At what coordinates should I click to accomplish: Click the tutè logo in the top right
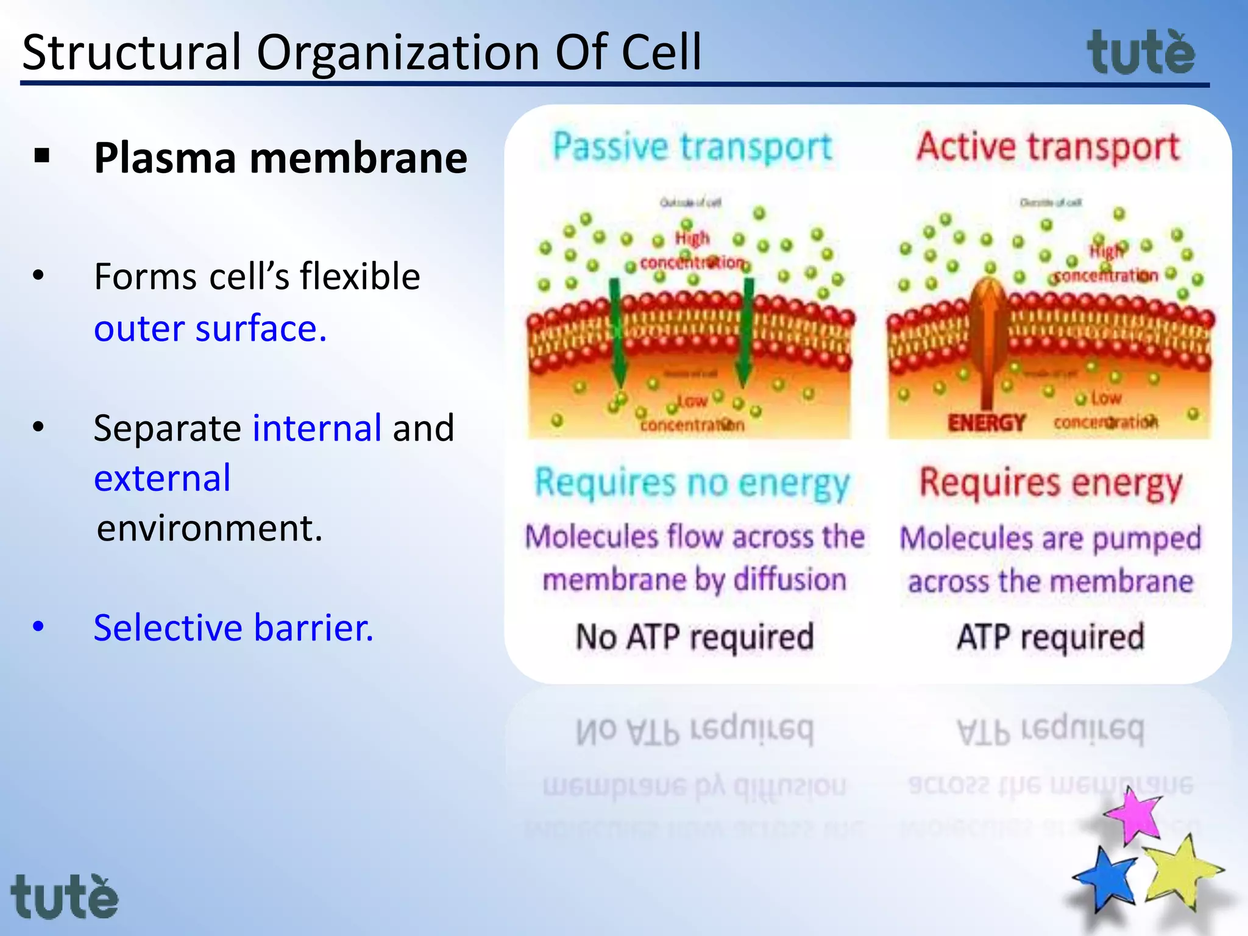click(x=1141, y=54)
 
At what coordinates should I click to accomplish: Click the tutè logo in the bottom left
click(x=65, y=897)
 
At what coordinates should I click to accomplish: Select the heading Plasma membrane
click(x=280, y=158)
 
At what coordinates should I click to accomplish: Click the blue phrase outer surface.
click(x=210, y=329)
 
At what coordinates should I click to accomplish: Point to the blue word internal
click(x=317, y=428)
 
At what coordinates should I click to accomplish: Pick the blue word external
click(x=162, y=478)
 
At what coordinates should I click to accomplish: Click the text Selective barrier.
click(x=233, y=628)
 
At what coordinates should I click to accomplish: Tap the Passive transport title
click(x=692, y=147)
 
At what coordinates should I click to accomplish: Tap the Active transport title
click(x=1048, y=147)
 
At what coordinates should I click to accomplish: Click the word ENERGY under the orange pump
click(x=986, y=422)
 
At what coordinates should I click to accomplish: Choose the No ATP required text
click(x=695, y=637)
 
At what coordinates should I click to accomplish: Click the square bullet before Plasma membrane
click(x=42, y=156)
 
